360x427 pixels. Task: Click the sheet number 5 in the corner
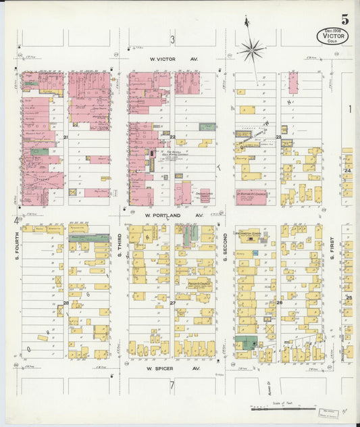(344, 19)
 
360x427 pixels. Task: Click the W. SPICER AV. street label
(172, 369)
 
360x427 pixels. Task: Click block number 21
(66, 137)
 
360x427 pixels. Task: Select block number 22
(172, 137)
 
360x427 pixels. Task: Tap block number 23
(278, 137)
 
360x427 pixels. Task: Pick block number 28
(66, 303)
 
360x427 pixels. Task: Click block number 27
(172, 303)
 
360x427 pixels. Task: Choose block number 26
(278, 303)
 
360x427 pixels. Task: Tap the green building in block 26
(245, 343)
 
